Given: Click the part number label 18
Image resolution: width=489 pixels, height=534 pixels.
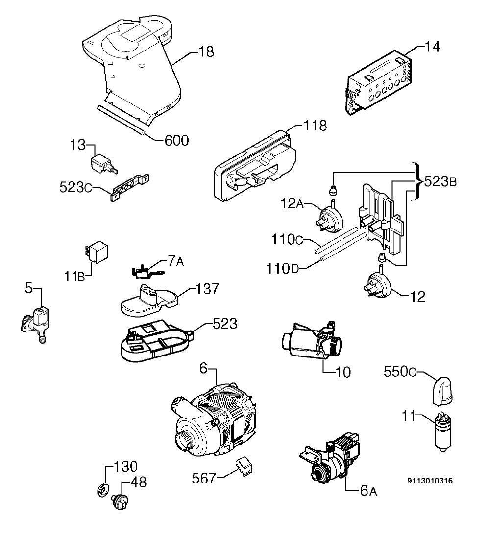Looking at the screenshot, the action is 206,52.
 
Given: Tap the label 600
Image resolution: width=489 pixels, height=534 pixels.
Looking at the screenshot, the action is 176,140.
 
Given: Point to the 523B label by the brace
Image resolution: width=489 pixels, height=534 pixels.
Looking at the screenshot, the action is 440,182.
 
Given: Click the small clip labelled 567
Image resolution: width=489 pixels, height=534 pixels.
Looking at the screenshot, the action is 244,466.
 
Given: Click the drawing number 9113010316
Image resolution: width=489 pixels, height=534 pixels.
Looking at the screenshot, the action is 430,481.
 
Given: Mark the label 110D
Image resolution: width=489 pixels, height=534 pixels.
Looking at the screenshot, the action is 282,269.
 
